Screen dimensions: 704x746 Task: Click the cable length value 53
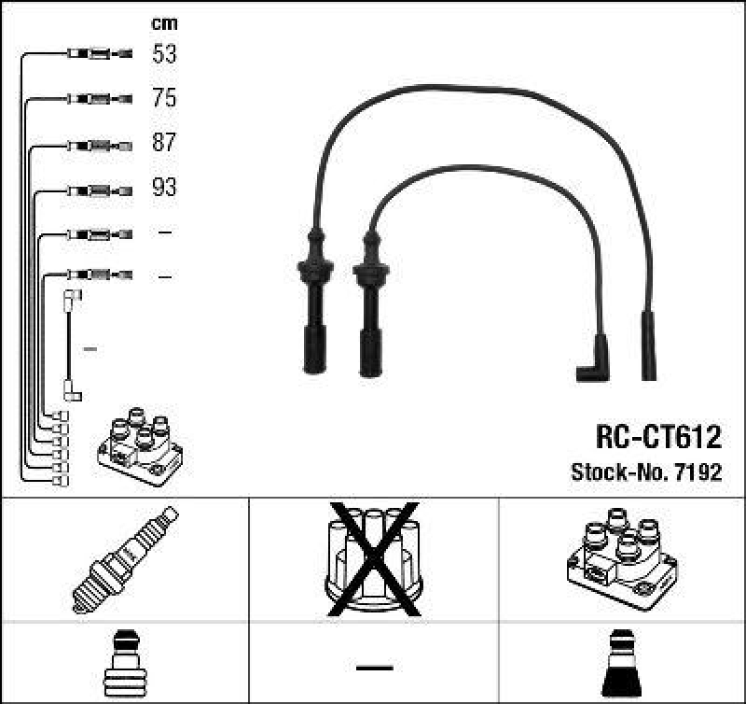[x=164, y=54]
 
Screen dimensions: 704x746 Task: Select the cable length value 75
[x=164, y=99]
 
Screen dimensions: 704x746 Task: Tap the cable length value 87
[x=164, y=144]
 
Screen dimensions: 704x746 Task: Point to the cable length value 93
[x=164, y=189]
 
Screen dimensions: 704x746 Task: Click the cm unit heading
[x=164, y=23]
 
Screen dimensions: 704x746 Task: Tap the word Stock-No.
[x=616, y=472]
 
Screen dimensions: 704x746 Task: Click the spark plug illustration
[x=125, y=558]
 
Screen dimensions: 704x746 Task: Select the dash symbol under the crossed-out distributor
[x=374, y=667]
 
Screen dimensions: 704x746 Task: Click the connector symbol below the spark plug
[x=125, y=664]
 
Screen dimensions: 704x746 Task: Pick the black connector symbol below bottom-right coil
[x=622, y=664]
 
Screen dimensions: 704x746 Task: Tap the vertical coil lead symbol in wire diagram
[x=71, y=345]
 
